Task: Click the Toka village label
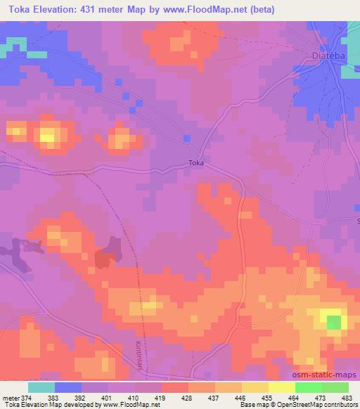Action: point(196,163)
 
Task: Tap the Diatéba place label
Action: point(328,54)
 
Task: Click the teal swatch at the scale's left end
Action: point(41,387)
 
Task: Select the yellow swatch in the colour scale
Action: point(281,387)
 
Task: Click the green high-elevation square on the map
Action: point(334,323)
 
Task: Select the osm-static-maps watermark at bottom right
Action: point(330,376)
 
